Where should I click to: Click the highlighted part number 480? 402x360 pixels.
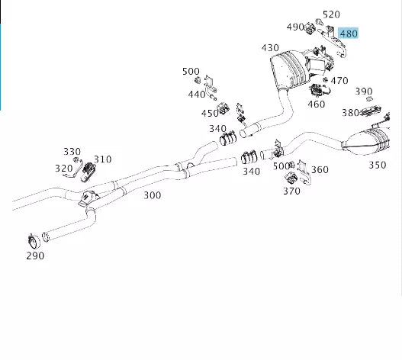click(348, 33)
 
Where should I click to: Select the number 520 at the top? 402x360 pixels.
click(331, 14)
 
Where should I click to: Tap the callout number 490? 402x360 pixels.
click(295, 27)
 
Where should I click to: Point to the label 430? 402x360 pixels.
click(270, 47)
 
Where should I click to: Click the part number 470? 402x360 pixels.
click(339, 80)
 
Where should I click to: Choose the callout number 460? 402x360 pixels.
click(316, 104)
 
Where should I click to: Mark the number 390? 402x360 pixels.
click(364, 92)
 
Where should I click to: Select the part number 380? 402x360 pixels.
click(350, 112)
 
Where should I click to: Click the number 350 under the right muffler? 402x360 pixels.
click(377, 164)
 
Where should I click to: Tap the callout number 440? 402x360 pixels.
click(197, 95)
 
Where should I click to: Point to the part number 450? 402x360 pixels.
click(210, 113)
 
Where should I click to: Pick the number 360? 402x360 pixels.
click(320, 169)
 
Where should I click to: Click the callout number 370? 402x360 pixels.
click(291, 191)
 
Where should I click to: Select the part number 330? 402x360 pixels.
click(72, 151)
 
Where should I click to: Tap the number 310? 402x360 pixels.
click(102, 159)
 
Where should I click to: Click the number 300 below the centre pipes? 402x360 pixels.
click(152, 195)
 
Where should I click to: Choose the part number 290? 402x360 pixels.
click(34, 256)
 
